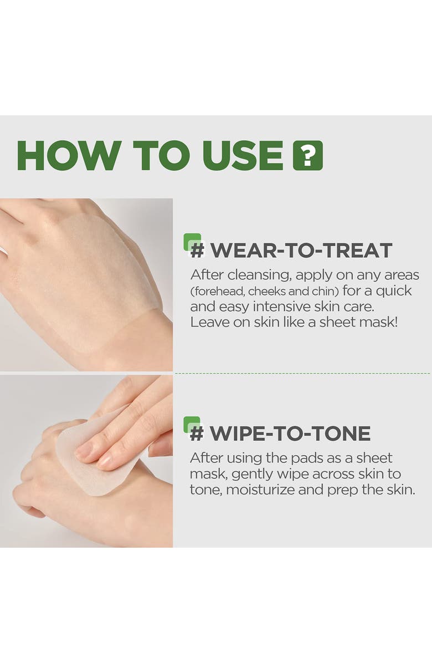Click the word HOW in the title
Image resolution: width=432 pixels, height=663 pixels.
coord(69,155)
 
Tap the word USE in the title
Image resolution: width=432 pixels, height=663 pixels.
coord(243,155)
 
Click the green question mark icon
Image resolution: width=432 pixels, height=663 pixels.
coord(308,155)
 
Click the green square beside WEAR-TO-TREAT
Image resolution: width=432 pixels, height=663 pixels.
coord(192,242)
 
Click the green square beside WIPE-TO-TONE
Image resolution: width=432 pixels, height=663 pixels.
coord(192,425)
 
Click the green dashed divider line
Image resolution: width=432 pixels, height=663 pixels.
coord(302,374)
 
